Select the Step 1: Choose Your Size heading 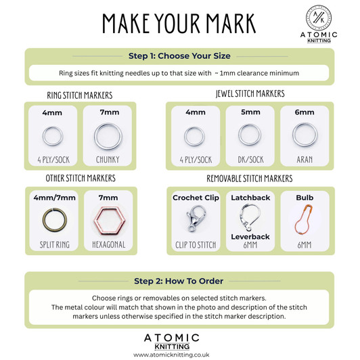tap(179, 56)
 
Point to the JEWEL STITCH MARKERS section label tap(250, 93)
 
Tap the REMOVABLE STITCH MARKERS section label tap(250, 179)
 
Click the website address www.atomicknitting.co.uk tap(180, 353)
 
